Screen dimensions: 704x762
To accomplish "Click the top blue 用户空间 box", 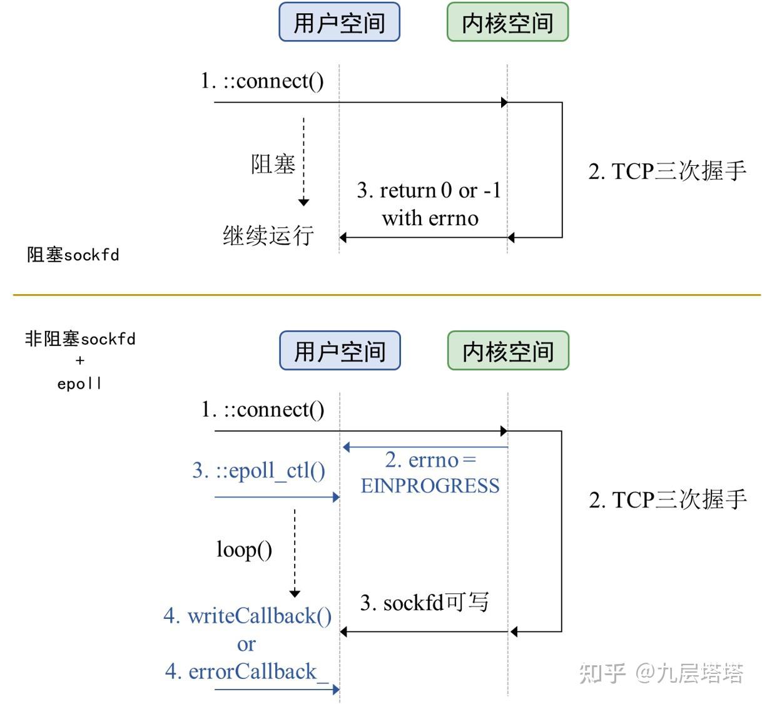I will [x=339, y=23].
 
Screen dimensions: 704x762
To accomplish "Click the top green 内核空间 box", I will [x=507, y=23].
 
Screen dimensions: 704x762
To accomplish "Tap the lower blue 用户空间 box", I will [x=340, y=351].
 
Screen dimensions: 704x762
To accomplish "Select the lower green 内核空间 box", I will [x=508, y=351].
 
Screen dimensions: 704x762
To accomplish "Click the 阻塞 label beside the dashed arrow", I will [x=273, y=165].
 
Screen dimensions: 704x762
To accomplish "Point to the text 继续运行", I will [x=268, y=236].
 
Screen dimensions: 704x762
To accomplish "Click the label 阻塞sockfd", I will [x=73, y=255].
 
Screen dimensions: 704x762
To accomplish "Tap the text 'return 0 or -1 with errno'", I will [x=430, y=204].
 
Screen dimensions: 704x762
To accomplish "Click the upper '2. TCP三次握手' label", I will [x=668, y=171].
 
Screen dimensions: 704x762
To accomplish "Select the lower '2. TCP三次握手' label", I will [x=668, y=499].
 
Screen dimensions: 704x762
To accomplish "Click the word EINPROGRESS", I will [x=430, y=486].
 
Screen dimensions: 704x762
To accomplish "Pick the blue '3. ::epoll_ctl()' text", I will [x=259, y=471].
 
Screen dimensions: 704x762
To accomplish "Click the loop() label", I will [x=244, y=549].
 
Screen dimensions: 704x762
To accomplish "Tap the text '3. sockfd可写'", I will [x=424, y=603].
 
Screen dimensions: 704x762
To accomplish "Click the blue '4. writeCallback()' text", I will [x=248, y=616].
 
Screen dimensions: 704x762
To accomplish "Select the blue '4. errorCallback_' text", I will [x=246, y=672].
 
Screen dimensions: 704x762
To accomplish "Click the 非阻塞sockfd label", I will [x=80, y=339].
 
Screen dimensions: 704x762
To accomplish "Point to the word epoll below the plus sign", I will [x=79, y=384].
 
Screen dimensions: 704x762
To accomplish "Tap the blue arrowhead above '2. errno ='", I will [x=347, y=447].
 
